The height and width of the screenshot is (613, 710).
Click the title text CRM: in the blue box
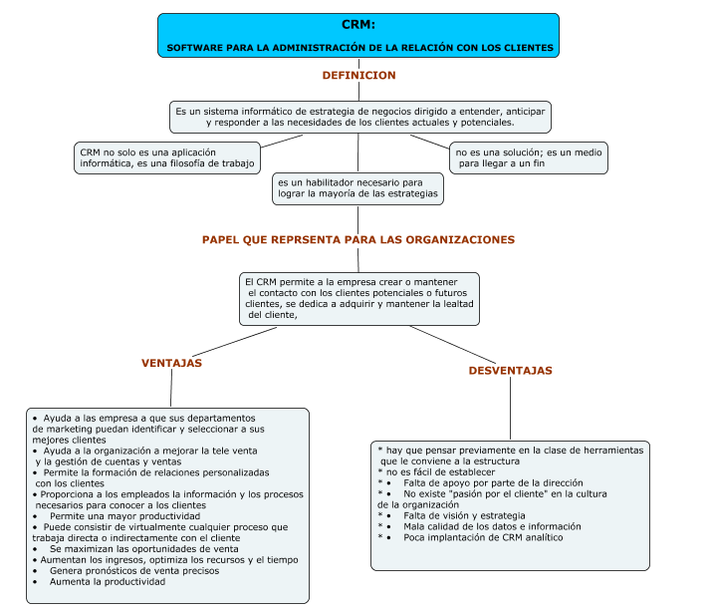pyautogui.click(x=358, y=25)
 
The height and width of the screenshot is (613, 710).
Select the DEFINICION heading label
pyautogui.click(x=358, y=76)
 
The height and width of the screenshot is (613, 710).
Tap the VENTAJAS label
pyautogui.click(x=171, y=364)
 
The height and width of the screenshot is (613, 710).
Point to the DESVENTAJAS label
pyautogui.click(x=510, y=371)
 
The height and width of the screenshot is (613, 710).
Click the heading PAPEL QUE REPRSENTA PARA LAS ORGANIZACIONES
pyautogui.click(x=358, y=240)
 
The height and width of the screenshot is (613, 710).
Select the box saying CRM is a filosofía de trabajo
pyautogui.click(x=166, y=157)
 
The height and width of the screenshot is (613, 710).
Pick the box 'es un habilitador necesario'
pyautogui.click(x=357, y=188)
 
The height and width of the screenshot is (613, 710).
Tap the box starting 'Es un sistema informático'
pyautogui.click(x=359, y=117)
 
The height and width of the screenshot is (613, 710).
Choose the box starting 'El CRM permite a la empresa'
pyautogui.click(x=359, y=299)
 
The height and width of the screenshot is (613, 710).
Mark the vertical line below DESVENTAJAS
pyautogui.click(x=510, y=409)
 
